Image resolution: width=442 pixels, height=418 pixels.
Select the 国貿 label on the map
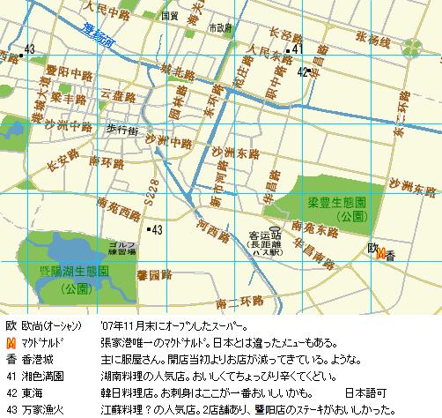pos(171,16)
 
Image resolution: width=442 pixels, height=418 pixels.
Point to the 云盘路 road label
pos(117,92)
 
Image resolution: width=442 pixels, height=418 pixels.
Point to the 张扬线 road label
pos(373,40)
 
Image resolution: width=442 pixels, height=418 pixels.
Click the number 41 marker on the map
pos(296,49)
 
